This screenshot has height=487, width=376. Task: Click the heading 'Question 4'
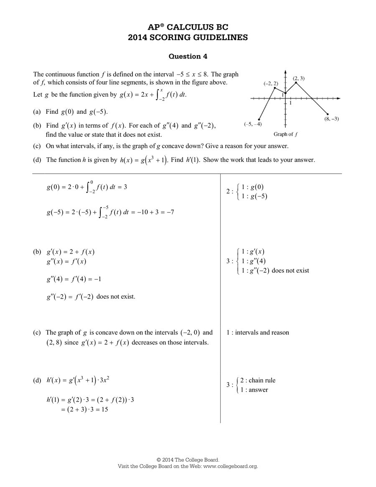(188, 56)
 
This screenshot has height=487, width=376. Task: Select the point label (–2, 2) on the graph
(271, 84)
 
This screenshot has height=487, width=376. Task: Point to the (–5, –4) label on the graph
(253, 124)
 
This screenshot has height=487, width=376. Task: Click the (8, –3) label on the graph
(331, 119)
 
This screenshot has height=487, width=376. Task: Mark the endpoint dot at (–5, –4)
(259, 119)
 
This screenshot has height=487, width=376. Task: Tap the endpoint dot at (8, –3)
(328, 114)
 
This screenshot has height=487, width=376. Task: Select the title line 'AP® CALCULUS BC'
(188, 27)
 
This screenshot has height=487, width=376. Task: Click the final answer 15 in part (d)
(104, 410)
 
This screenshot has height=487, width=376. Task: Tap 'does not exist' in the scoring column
(290, 270)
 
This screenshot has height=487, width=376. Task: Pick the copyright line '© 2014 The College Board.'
(188, 459)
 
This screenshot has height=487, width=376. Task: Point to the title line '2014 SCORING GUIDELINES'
(188, 37)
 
